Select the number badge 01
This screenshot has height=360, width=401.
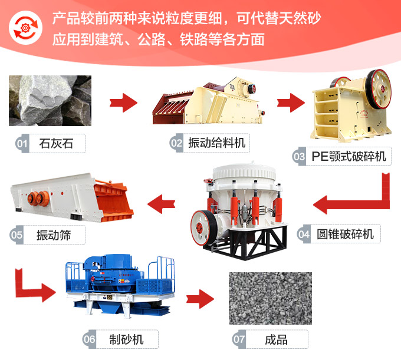coord(22,143)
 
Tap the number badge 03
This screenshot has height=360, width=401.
coord(299,156)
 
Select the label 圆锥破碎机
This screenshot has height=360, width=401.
coord(344,234)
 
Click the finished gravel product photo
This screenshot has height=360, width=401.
coord(270,298)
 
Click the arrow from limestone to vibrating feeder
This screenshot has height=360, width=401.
coord(123,103)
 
